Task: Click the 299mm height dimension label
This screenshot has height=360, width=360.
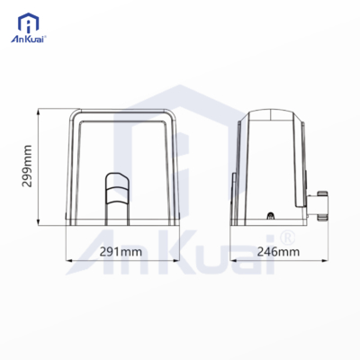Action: [27, 166]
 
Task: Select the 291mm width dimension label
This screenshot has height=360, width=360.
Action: [121, 252]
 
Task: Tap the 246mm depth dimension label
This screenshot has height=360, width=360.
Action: [278, 252]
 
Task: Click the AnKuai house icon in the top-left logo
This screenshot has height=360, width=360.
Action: [29, 23]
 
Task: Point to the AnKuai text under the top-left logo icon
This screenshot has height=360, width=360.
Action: [28, 40]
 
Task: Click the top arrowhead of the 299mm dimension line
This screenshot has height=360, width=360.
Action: [38, 112]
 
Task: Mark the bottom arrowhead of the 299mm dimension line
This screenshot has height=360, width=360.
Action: [38, 222]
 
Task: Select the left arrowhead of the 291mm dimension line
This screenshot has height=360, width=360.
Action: [68, 260]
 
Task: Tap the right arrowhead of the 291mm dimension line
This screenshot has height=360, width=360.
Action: [175, 260]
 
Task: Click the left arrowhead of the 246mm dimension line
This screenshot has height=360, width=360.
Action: [233, 260]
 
